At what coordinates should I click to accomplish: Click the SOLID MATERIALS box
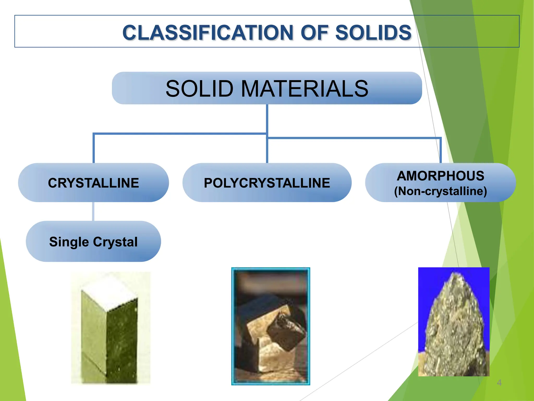pyautogui.click(x=267, y=88)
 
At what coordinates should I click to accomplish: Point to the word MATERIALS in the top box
pyautogui.click(x=304, y=89)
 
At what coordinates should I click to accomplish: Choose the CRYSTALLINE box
pyautogui.click(x=93, y=183)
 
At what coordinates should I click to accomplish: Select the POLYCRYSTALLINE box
pyautogui.click(x=267, y=183)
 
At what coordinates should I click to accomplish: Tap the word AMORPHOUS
pyautogui.click(x=440, y=176)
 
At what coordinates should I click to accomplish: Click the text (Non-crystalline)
pyautogui.click(x=440, y=191)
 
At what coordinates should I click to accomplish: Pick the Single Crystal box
pyautogui.click(x=93, y=242)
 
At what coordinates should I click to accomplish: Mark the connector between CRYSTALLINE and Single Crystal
pyautogui.click(x=93, y=211)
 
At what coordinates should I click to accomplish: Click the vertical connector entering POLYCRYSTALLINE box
pyautogui.click(x=267, y=151)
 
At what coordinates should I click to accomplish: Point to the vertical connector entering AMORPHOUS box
pyautogui.click(x=440, y=151)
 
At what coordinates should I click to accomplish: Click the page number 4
pyautogui.click(x=499, y=383)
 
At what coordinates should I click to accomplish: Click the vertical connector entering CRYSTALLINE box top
pyautogui.click(x=93, y=149)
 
